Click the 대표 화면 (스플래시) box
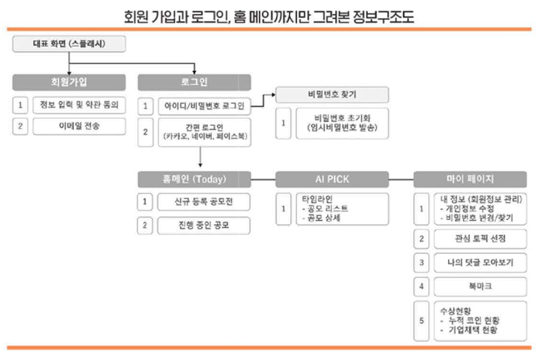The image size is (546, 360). tap(70, 44)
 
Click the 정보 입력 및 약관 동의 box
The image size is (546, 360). tap(79, 105)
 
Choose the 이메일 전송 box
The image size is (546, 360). tap(79, 126)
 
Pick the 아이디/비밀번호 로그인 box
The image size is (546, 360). tap(203, 106)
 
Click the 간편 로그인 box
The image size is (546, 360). tap(203, 133)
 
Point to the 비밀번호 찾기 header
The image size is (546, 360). tap(332, 94)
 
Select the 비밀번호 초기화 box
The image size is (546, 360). tap(341, 123)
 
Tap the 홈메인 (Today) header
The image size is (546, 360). tap(195, 179)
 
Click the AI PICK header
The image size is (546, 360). tap(332, 179)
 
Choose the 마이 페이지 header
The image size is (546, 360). tap(470, 179)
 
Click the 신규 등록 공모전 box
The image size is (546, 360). tap(203, 202)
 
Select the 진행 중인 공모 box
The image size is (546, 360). tap(203, 225)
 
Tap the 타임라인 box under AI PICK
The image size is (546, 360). tap(341, 209)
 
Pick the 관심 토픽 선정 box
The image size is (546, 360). tap(479, 239)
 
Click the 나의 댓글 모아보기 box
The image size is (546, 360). tap(479, 263)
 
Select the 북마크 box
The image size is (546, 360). tap(479, 287)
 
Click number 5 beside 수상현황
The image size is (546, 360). tap(422, 321)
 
